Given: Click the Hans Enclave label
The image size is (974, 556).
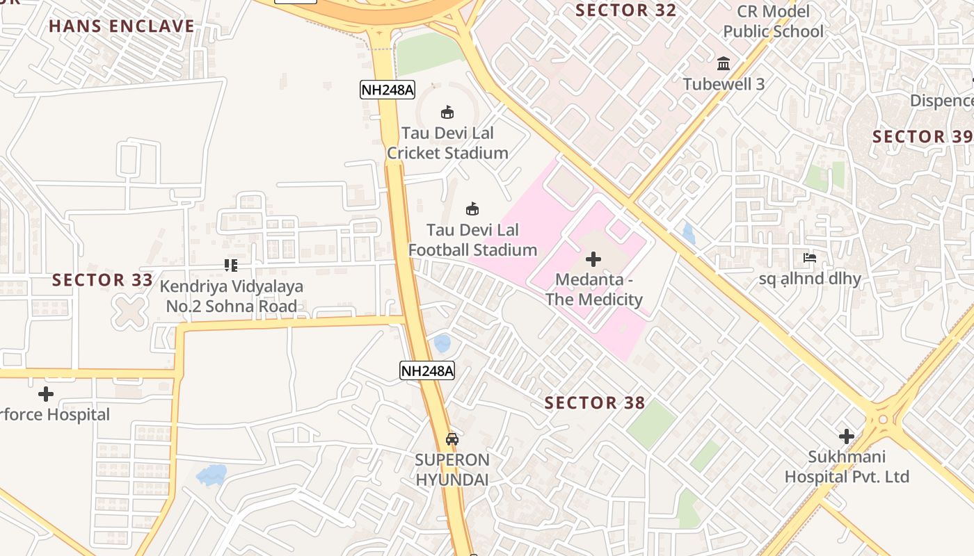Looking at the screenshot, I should point(122,26).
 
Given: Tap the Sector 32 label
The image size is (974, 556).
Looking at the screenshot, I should point(626,10).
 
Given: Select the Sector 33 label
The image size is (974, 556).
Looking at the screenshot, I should point(102,280).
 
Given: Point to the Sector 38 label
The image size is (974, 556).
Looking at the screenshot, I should point(595,402).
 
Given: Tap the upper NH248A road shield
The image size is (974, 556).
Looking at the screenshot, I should point(388,89).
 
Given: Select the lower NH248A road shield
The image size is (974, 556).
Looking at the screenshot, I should point(427,370).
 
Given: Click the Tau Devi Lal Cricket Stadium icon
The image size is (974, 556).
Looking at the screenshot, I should point(447,112).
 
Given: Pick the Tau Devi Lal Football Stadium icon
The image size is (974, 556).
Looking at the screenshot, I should point(472,208).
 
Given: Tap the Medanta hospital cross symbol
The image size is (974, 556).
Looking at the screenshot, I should point(593,259).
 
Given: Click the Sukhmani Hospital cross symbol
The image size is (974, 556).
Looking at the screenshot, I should point(847,436).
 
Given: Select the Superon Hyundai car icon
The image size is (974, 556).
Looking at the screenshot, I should point(452,439).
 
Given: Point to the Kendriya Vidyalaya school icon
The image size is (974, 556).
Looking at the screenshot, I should point(231,265).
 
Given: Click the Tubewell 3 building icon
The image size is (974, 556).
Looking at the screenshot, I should point(724,63).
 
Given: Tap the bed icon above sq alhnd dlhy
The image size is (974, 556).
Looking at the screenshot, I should point(809,258).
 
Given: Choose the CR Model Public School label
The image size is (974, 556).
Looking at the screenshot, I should point(773,22).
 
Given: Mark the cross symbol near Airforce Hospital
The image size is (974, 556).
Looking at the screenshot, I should point(46,394).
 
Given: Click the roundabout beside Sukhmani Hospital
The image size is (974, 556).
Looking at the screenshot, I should point(883,419).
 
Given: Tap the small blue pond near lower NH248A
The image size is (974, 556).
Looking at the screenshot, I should point(442,343).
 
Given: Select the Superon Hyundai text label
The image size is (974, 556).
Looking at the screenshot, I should point(452,469).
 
